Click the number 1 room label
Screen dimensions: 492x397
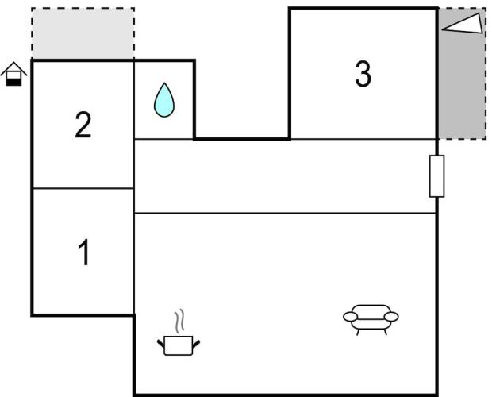pos(84,252)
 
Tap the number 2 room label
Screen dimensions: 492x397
pos(83,125)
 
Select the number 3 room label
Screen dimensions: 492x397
pos(363,74)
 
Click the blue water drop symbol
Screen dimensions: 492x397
pos(164,100)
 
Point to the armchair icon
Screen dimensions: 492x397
pos(371,319)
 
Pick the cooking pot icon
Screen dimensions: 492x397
pos(179,345)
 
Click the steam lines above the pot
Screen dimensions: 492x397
pos(179,321)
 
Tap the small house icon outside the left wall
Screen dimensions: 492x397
pos(13,74)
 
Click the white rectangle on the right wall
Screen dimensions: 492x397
pos(436,176)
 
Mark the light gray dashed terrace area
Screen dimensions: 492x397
pos(83,33)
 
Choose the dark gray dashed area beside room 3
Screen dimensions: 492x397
pos(462,73)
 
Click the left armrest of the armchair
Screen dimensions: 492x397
pos(350,317)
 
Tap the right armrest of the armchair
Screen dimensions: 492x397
pos(391,317)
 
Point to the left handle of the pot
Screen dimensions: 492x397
pos(160,343)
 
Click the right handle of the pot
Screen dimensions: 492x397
pos(196,344)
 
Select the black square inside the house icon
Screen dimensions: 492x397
pos(13,82)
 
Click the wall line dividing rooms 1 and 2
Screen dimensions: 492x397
pos(83,188)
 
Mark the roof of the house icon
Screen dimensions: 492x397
pos(13,69)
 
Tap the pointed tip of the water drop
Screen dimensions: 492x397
pos(164,83)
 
